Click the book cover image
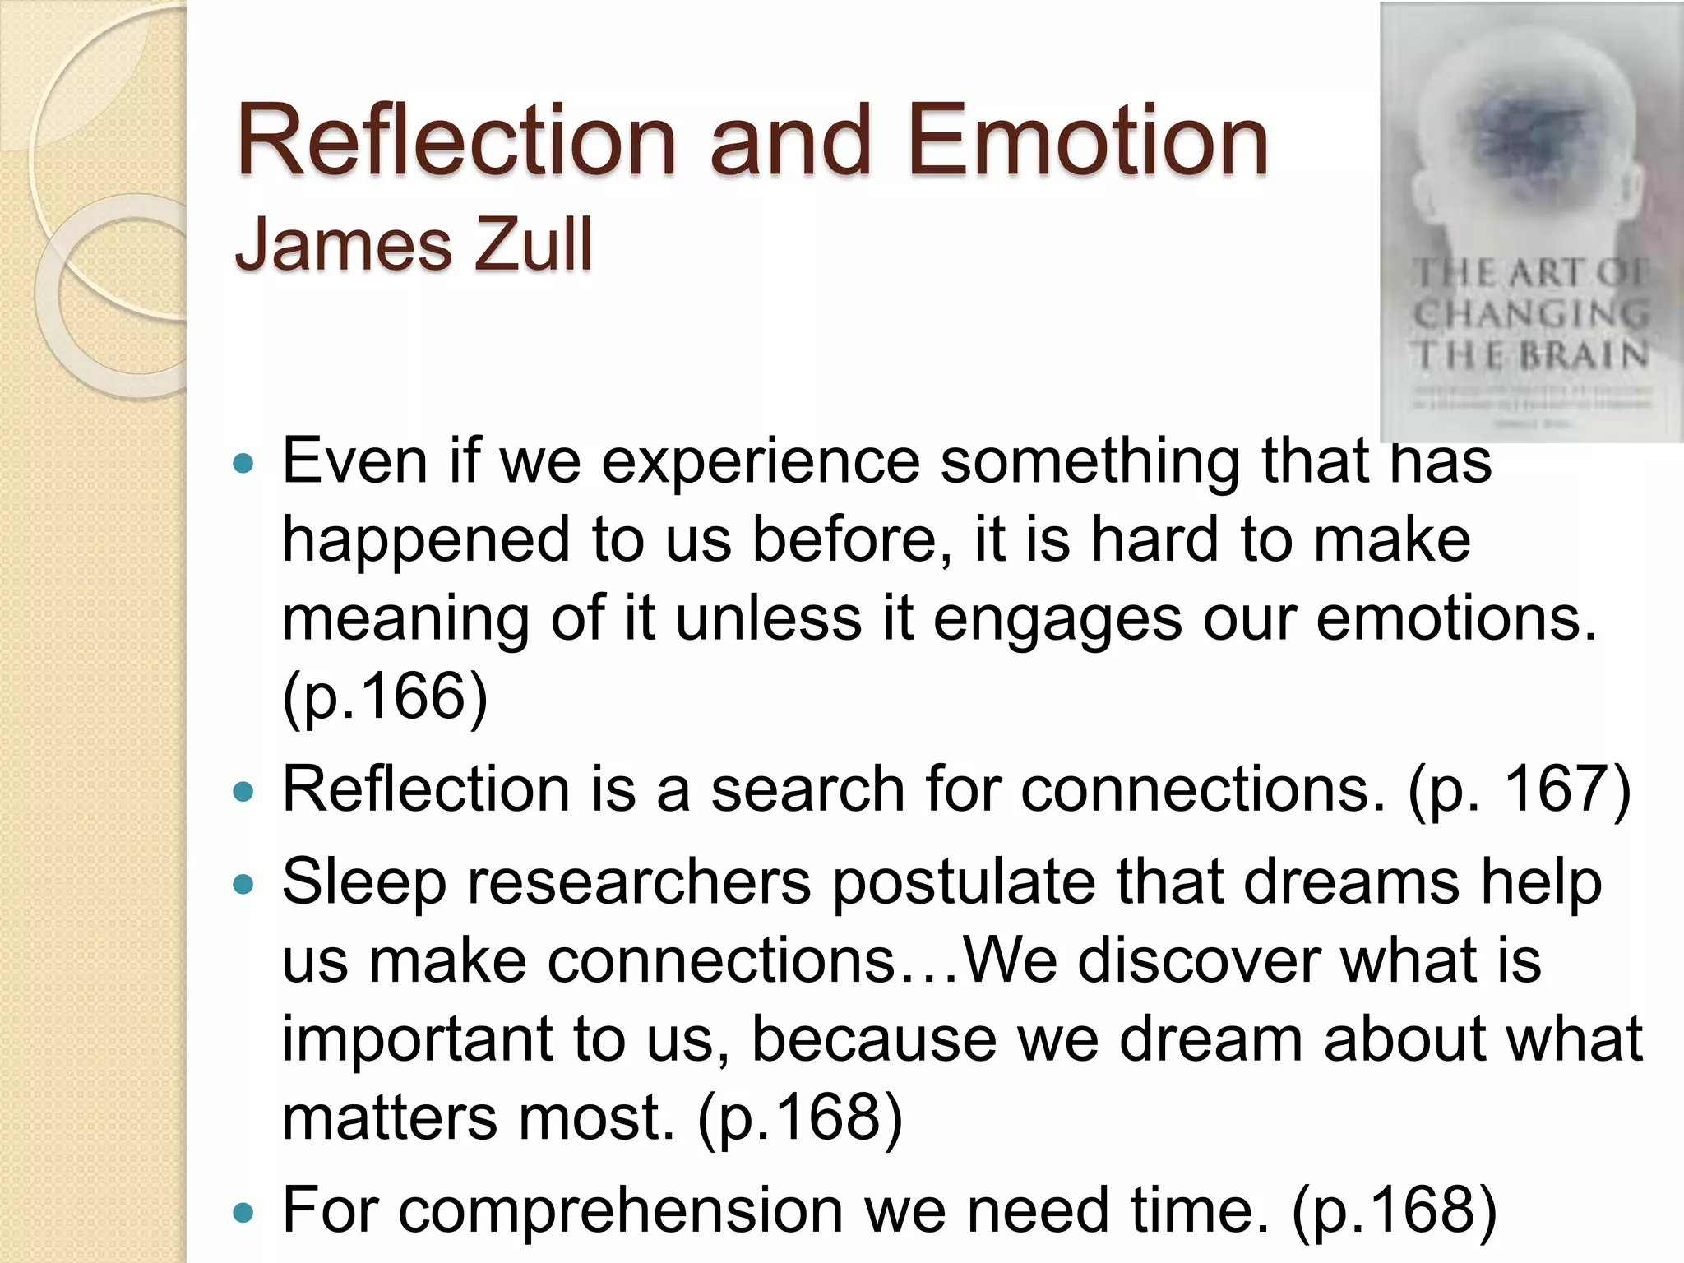pyautogui.click(x=1531, y=222)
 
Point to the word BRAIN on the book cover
pyautogui.click(x=1583, y=355)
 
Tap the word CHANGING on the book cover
pyautogui.click(x=1531, y=314)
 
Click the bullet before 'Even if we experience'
pyautogui.click(x=243, y=464)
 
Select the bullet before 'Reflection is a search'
pyautogui.click(x=243, y=792)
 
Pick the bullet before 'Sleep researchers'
pyautogui.click(x=243, y=885)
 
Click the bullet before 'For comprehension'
pyautogui.click(x=243, y=1213)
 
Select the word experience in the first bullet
pyautogui.click(x=761, y=462)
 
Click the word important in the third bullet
pyautogui.click(x=417, y=1039)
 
